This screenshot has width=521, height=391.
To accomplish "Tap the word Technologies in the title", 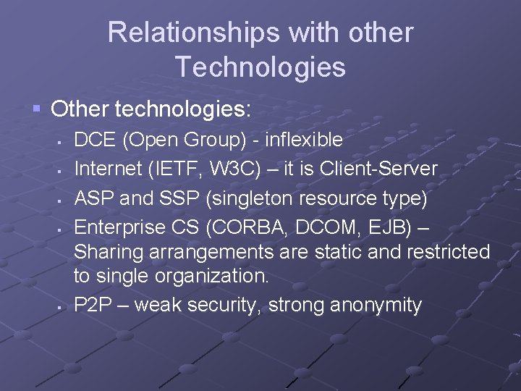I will point(260,67).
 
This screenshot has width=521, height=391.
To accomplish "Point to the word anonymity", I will point(376,306).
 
